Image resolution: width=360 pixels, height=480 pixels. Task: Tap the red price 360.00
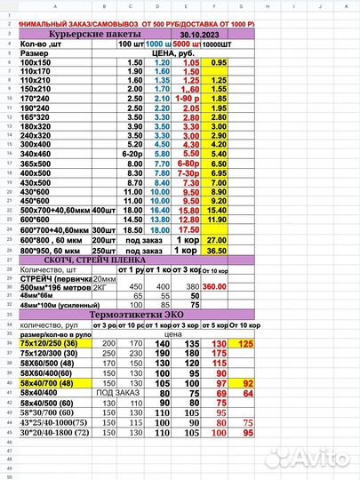216,287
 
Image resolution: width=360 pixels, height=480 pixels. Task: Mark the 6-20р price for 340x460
136,152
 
